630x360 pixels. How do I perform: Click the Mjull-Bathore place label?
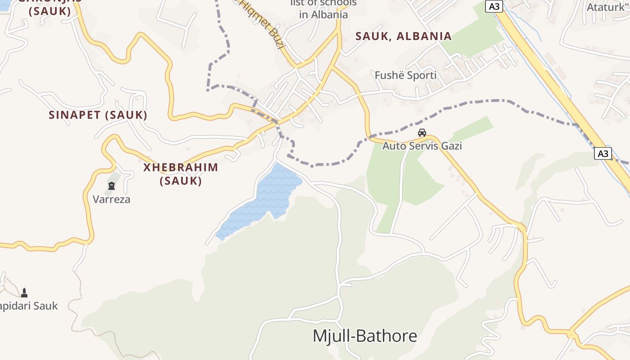[365, 336]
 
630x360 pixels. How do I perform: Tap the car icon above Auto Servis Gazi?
[422, 133]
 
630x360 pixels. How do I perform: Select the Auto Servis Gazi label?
[422, 146]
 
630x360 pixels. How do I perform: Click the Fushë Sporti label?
[405, 75]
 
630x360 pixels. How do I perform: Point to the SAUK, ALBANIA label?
[403, 36]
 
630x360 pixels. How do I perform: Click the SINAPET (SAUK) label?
[98, 115]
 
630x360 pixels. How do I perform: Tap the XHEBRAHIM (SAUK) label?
[180, 174]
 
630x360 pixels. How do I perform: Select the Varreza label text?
[112, 199]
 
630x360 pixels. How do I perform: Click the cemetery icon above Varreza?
[112, 186]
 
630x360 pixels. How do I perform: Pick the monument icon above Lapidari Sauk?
[25, 293]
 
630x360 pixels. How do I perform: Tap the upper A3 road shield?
[494, 6]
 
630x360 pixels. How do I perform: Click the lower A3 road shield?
[603, 153]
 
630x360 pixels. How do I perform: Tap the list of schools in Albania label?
[324, 9]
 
